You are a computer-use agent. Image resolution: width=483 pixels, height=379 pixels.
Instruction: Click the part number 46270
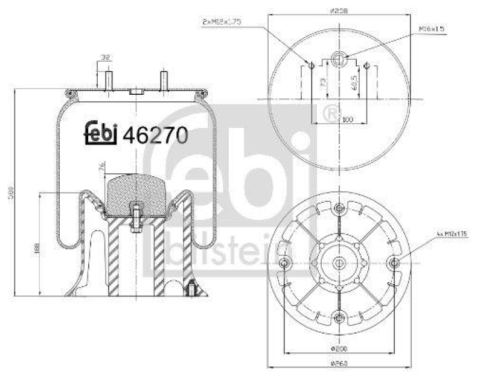(x=155, y=135)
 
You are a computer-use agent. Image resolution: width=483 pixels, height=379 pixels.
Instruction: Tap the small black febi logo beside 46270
(x=100, y=134)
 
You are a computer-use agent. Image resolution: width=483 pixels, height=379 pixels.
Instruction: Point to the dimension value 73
(x=323, y=80)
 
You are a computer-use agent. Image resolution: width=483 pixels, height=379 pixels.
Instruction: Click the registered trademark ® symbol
(x=331, y=113)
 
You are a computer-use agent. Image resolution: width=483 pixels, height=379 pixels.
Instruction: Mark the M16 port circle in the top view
(x=339, y=58)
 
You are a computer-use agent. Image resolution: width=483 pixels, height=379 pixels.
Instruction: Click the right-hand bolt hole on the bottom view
(x=394, y=263)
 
